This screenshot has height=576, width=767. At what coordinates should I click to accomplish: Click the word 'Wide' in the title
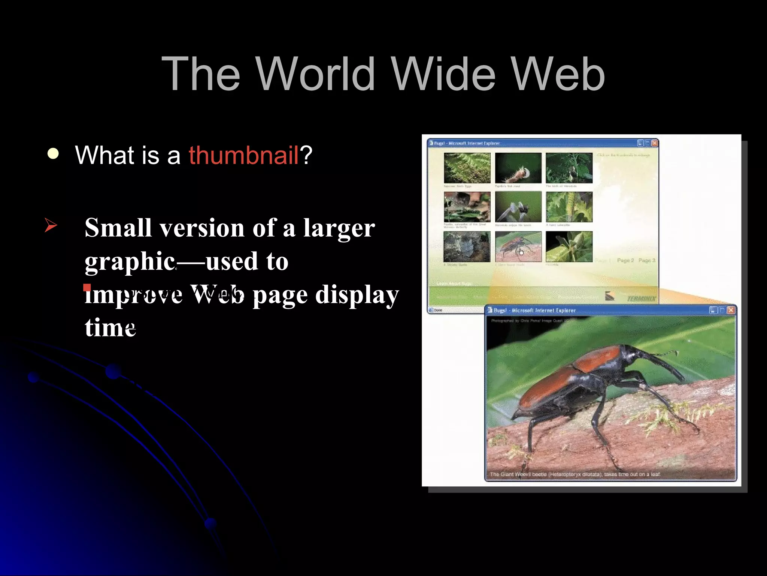click(443, 73)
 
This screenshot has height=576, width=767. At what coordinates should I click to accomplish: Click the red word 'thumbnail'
click(243, 155)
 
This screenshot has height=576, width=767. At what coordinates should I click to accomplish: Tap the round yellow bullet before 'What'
click(53, 154)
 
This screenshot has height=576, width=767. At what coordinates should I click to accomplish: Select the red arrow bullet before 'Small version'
click(51, 225)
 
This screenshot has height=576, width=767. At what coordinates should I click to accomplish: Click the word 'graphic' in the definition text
click(130, 261)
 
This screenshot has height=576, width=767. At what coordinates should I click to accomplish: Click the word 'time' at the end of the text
click(110, 327)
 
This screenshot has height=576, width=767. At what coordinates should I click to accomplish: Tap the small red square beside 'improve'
click(87, 288)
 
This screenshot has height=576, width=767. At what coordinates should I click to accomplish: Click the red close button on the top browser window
click(654, 143)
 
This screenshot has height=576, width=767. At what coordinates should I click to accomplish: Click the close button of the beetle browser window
click(730, 310)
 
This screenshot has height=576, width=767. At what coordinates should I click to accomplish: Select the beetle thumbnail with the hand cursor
click(518, 246)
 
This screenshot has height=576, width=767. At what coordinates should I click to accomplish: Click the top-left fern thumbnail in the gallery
click(467, 168)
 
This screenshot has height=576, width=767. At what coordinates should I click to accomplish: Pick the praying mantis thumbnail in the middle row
click(518, 207)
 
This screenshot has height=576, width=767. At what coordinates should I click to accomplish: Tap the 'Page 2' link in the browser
click(625, 260)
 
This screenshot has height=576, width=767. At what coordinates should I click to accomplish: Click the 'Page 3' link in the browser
click(647, 260)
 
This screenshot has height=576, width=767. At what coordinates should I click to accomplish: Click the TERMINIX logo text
click(641, 298)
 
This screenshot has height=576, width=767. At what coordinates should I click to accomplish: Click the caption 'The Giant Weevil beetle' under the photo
click(524, 474)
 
